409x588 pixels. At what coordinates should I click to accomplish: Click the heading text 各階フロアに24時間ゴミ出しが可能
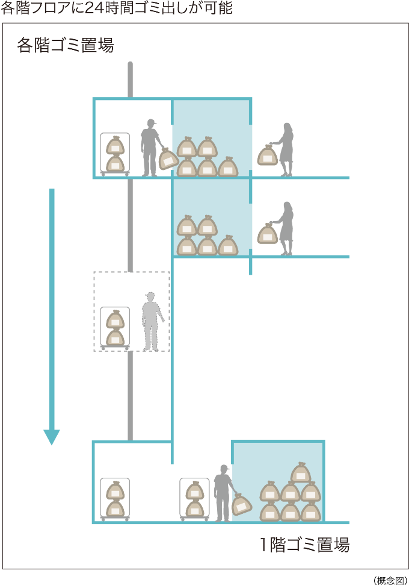[x=116, y=8]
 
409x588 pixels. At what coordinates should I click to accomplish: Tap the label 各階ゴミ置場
[x=66, y=46]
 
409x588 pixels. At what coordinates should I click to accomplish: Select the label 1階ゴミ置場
[x=304, y=545]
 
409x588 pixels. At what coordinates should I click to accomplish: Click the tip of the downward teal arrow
[x=52, y=442]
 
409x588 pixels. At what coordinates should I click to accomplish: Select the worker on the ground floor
[x=223, y=493]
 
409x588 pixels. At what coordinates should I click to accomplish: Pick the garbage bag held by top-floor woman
[x=268, y=156]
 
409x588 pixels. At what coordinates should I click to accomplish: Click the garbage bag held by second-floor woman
[x=268, y=234]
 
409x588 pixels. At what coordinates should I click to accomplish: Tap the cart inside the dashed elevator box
[x=115, y=328]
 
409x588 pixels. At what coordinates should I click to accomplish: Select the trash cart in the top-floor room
[x=115, y=154]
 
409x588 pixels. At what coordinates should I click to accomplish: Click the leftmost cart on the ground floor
[x=115, y=499]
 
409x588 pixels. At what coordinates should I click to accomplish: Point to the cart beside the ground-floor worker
[x=194, y=499]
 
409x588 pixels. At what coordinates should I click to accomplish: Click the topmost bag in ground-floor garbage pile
[x=301, y=473]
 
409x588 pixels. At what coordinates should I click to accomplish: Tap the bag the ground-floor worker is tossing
[x=241, y=504]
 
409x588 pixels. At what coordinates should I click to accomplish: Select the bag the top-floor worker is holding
[x=168, y=159]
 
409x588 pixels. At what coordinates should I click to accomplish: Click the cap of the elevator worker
[x=150, y=295]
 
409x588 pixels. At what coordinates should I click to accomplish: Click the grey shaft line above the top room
[x=130, y=78]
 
